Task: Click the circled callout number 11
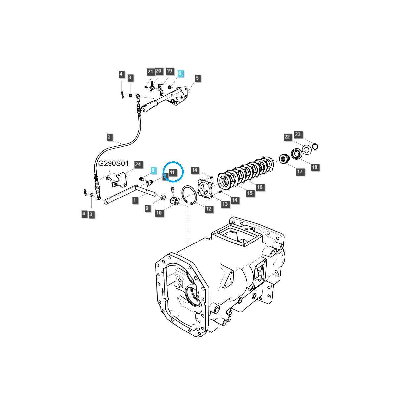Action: click(172, 172)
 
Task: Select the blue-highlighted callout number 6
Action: click(180, 73)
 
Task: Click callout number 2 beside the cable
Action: click(110, 137)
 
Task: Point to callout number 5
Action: click(198, 78)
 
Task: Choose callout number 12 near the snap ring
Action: click(208, 209)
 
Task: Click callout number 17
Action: click(300, 172)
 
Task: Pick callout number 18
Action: click(315, 167)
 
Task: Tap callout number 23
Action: click(298, 134)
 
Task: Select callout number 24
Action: click(138, 164)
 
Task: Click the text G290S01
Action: click(113, 164)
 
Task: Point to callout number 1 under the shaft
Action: click(134, 200)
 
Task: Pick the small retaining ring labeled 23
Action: click(315, 146)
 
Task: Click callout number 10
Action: click(159, 213)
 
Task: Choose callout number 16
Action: click(260, 187)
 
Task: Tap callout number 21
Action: click(150, 72)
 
